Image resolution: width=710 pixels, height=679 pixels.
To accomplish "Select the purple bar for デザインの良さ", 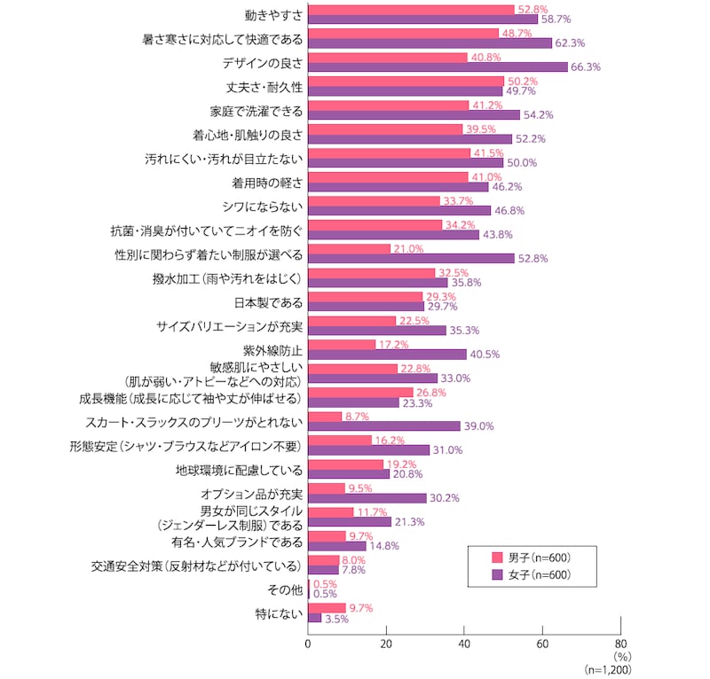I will [x=438, y=66].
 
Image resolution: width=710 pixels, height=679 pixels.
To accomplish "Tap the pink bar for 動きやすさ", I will [x=411, y=9].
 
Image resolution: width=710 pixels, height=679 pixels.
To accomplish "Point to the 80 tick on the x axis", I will [x=620, y=644].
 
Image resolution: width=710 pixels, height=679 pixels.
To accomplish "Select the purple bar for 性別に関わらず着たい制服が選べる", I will [x=411, y=258].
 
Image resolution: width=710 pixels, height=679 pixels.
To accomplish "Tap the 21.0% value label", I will [x=408, y=248].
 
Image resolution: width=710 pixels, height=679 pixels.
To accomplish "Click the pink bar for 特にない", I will [x=327, y=607].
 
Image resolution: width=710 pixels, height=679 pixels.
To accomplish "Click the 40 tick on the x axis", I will [x=464, y=644].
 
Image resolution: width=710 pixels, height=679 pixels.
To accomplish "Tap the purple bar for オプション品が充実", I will [x=367, y=497].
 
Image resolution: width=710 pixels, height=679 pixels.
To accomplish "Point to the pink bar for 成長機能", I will [x=360, y=392].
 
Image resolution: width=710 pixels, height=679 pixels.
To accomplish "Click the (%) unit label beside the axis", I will [x=620, y=658].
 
